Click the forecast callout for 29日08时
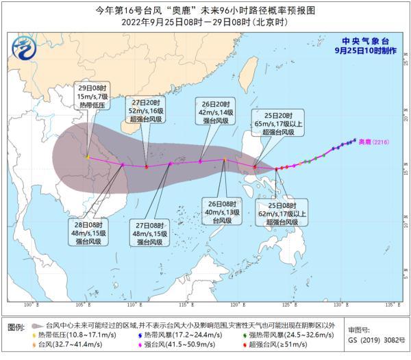[90, 98]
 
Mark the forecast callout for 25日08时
[283, 211]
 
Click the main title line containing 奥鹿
[206, 10]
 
